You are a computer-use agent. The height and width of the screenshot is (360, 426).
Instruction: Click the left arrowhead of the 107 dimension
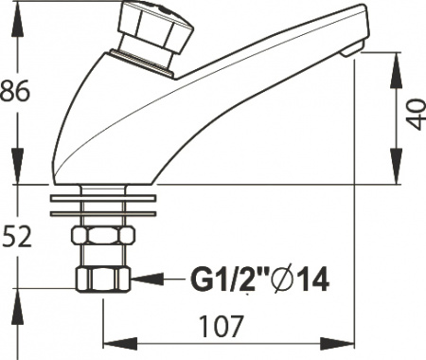(110, 344)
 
